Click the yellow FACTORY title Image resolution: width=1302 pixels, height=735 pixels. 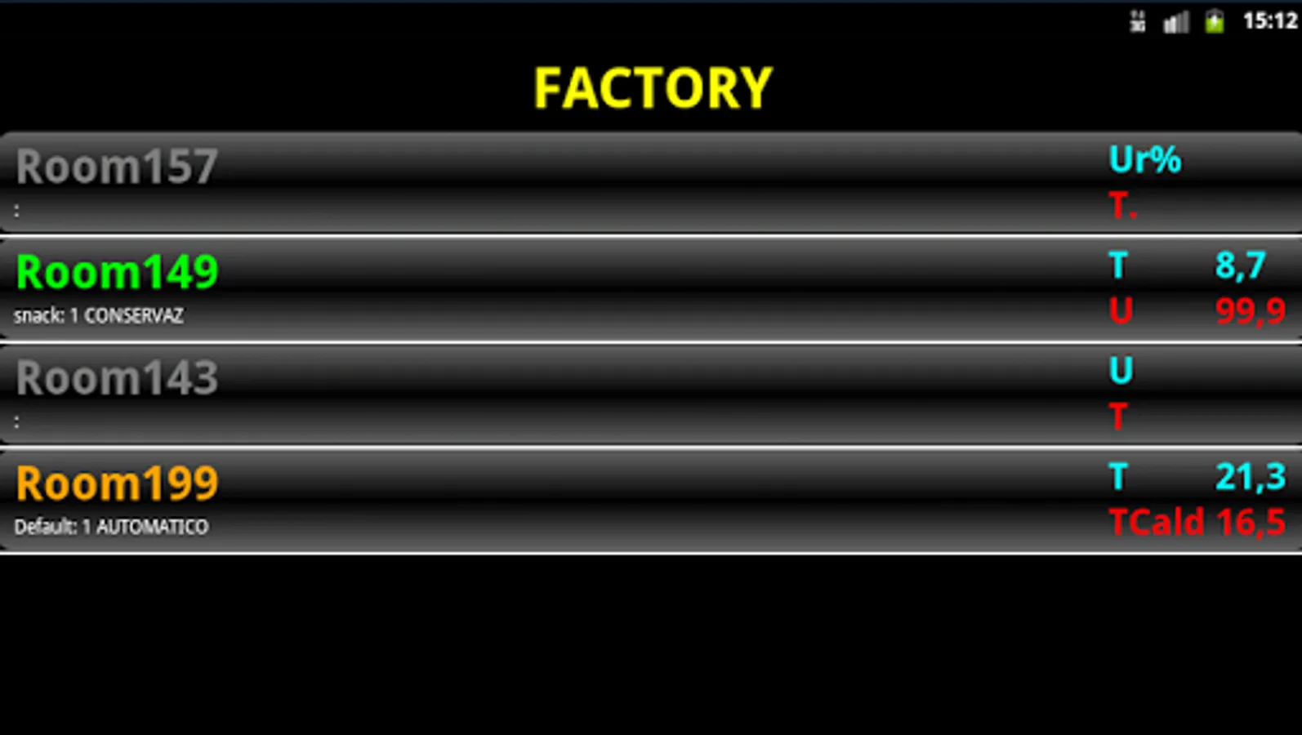coord(653,88)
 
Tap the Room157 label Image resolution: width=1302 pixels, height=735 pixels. coord(117,167)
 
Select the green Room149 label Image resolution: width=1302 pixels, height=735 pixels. coord(117,272)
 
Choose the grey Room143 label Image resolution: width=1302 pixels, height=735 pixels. coord(117,378)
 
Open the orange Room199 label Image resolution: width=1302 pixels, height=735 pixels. coord(117,483)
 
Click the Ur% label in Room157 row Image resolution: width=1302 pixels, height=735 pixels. coord(1144,160)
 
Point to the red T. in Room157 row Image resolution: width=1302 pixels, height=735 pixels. coord(1122,206)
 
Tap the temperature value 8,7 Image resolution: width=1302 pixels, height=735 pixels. coord(1240,265)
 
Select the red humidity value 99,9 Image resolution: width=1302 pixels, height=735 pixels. coord(1250,311)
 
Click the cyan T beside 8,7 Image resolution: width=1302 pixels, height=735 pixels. coord(1118,266)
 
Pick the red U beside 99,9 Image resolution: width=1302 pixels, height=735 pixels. coord(1121,311)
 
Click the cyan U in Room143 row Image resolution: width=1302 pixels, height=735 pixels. coord(1121,371)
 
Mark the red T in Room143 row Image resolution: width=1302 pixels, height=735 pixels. coord(1118,416)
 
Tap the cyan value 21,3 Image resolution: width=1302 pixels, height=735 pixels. coord(1250,477)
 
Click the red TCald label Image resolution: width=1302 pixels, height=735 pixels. coord(1156,523)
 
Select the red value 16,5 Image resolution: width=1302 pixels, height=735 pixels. coord(1251,523)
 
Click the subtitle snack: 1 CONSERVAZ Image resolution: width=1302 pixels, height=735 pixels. coord(98,316)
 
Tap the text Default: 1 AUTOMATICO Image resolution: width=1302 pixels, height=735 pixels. coord(111,528)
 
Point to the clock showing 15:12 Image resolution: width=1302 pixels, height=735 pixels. coord(1270,20)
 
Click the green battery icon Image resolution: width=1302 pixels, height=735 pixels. coord(1215,21)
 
